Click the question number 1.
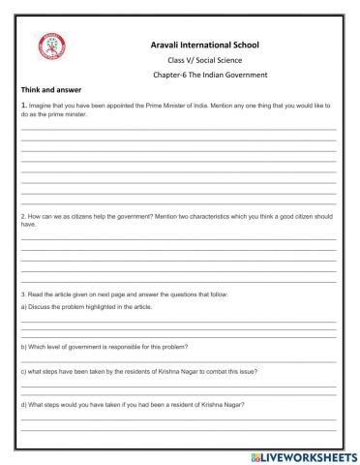pos(23,105)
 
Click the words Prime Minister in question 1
pos(163,105)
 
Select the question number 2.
pos(23,216)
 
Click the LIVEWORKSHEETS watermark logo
pos(299,452)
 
